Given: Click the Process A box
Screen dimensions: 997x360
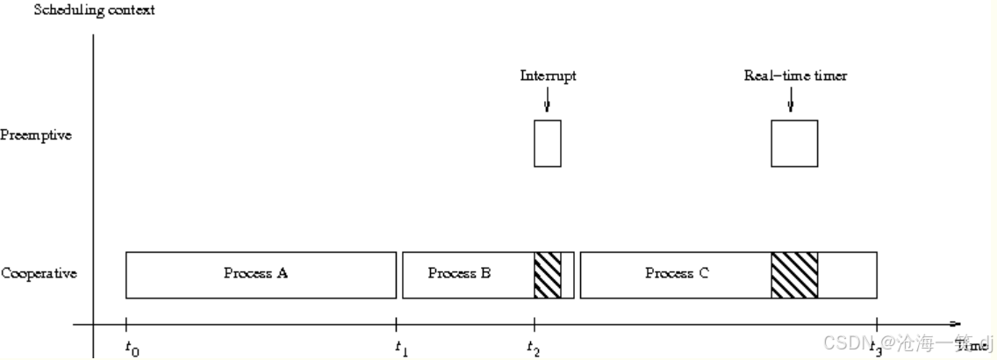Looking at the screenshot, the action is [x=261, y=275].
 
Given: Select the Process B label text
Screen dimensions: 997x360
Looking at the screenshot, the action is [x=459, y=274].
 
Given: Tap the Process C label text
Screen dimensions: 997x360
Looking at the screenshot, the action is [x=677, y=274].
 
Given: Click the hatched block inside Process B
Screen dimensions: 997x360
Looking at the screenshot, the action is [x=547, y=275].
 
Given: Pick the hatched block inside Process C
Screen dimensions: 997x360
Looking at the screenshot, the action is [x=794, y=275].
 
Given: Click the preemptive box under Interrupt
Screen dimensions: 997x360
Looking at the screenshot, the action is [x=548, y=143].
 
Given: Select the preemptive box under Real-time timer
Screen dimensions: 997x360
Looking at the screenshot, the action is [x=794, y=143].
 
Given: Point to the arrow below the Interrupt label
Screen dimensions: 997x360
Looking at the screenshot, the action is [x=548, y=102].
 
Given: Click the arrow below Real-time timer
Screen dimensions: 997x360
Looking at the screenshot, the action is [x=791, y=102].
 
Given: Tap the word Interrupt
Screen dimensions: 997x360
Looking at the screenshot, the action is [x=548, y=76].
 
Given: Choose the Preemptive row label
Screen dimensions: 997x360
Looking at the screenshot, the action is [x=36, y=136].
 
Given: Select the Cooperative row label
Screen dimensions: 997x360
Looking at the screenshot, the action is [x=39, y=274].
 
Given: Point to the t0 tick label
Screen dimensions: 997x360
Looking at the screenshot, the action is [x=132, y=349].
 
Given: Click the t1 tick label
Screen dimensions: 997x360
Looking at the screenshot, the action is [x=402, y=349].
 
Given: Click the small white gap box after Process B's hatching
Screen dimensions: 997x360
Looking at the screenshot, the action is [x=567, y=275].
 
